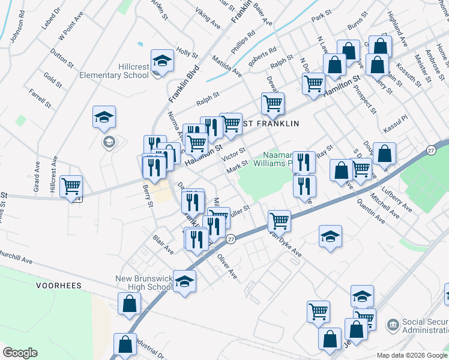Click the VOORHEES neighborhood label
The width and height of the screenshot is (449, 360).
(x=58, y=286)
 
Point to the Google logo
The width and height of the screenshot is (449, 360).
(x=20, y=352)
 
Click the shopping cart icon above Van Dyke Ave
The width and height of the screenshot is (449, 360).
(x=280, y=220)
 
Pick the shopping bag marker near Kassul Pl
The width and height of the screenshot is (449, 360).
(x=384, y=154)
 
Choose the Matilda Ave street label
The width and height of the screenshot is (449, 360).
(x=226, y=66)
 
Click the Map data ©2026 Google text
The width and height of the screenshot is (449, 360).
(x=412, y=355)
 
